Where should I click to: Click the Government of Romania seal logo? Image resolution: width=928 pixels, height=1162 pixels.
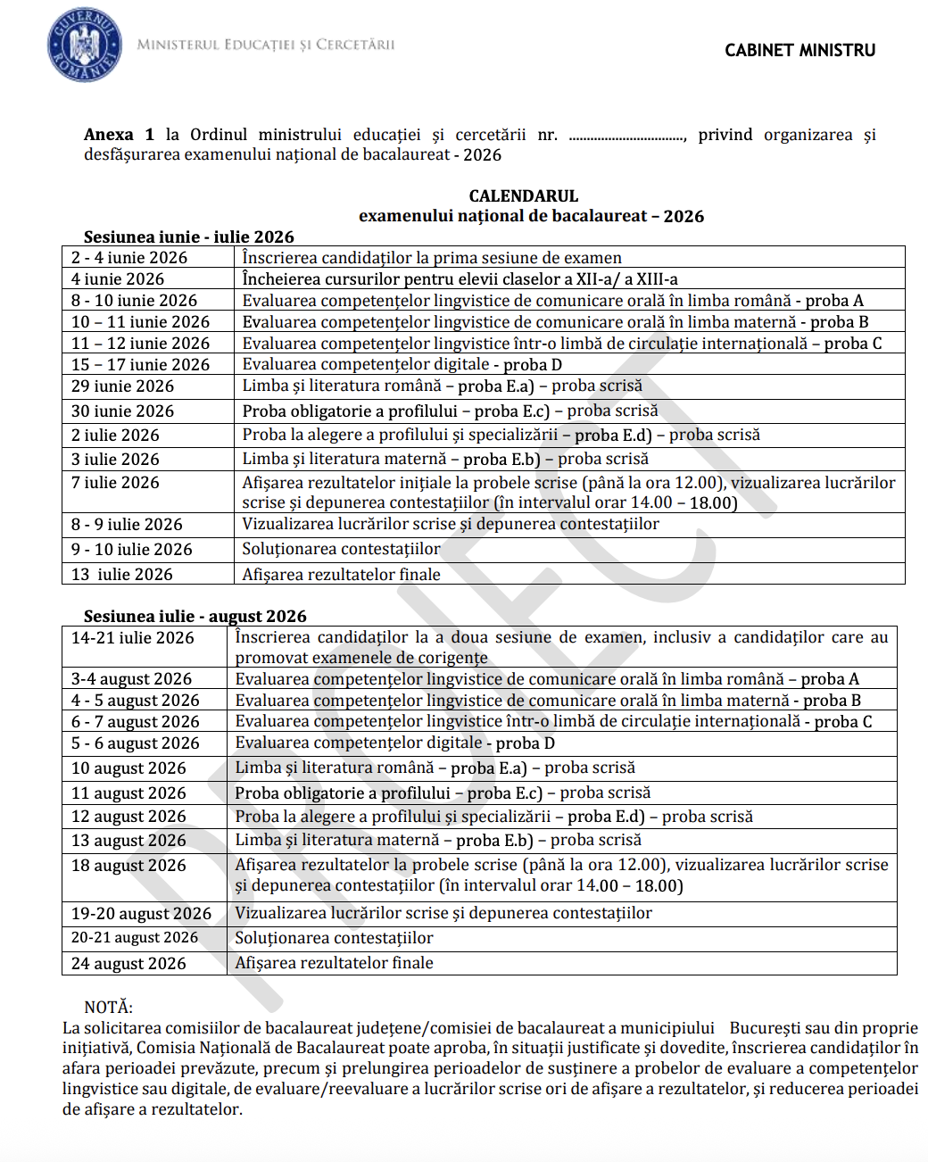(x=84, y=45)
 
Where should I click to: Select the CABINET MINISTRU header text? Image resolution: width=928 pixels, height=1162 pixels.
(x=800, y=51)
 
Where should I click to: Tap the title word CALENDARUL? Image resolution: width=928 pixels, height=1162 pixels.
(x=524, y=196)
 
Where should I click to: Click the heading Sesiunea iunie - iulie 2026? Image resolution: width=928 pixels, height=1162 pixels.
(x=189, y=237)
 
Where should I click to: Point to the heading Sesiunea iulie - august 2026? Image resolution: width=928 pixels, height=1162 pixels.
(x=195, y=616)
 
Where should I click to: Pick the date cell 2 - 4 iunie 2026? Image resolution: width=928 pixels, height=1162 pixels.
(x=129, y=258)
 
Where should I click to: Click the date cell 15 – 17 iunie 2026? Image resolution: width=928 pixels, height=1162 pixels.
(x=140, y=365)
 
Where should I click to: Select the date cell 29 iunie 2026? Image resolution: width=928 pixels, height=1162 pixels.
(x=123, y=386)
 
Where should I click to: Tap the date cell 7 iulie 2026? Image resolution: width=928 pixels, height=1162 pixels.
(x=116, y=483)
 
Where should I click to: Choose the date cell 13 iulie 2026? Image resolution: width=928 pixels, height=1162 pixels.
(x=122, y=575)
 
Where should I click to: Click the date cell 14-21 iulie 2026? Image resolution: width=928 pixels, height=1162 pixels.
(x=133, y=638)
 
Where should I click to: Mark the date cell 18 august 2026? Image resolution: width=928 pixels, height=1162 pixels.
(x=128, y=866)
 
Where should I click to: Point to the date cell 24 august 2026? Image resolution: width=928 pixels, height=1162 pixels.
(x=128, y=964)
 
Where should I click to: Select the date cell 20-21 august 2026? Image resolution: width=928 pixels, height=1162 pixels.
(x=135, y=938)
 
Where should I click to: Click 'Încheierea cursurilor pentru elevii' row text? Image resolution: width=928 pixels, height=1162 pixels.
(x=460, y=279)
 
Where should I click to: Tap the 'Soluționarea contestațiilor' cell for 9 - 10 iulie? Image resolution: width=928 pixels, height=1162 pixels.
(x=341, y=550)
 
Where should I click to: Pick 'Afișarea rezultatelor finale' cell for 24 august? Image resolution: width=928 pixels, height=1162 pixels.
(x=334, y=963)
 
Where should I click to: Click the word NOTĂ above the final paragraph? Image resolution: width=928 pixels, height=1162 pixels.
(x=108, y=1008)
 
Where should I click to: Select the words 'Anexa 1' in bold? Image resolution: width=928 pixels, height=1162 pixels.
(x=119, y=135)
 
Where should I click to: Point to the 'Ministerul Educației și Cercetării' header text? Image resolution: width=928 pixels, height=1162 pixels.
(x=266, y=45)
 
